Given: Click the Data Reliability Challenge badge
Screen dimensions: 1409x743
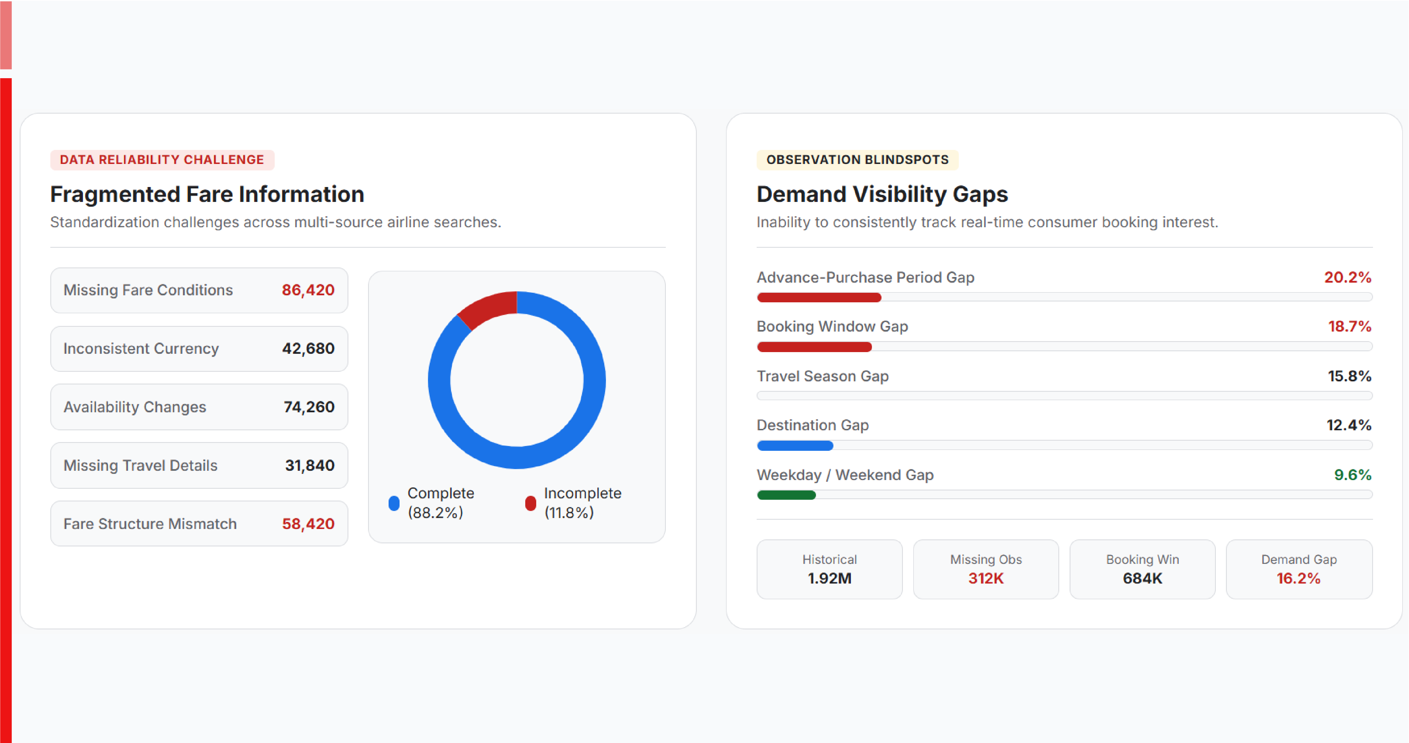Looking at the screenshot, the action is [x=162, y=160].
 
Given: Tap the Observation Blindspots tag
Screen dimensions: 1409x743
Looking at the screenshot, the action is [x=857, y=160].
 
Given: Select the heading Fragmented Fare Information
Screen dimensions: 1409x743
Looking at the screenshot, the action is [x=207, y=194].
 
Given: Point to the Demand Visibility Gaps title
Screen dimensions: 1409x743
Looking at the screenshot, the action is [x=882, y=194].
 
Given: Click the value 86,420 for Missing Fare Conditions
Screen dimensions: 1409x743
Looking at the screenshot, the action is [x=308, y=290].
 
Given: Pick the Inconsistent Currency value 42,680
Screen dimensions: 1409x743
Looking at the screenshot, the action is [x=308, y=348].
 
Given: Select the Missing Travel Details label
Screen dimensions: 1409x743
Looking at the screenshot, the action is [x=141, y=466].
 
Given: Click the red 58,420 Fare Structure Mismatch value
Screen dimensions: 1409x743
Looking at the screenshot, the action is [x=308, y=524].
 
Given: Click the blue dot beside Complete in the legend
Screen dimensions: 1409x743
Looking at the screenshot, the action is [x=394, y=503].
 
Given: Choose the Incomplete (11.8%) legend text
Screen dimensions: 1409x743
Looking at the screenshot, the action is [x=583, y=503].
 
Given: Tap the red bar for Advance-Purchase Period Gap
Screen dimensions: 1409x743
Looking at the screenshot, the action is [x=819, y=298].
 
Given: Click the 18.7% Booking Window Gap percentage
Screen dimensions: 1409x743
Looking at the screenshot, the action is [x=1349, y=327].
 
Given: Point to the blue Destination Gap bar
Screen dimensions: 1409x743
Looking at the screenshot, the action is [x=795, y=446].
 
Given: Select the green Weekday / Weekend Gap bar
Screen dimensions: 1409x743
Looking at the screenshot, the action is [x=786, y=495].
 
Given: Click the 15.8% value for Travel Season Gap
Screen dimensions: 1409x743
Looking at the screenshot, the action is [x=1349, y=377].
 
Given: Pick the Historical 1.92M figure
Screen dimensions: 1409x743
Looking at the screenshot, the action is [x=829, y=578].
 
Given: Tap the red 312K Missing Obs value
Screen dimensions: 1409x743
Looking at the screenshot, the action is [x=986, y=578].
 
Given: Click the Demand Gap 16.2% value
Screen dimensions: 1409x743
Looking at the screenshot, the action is [x=1298, y=578].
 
